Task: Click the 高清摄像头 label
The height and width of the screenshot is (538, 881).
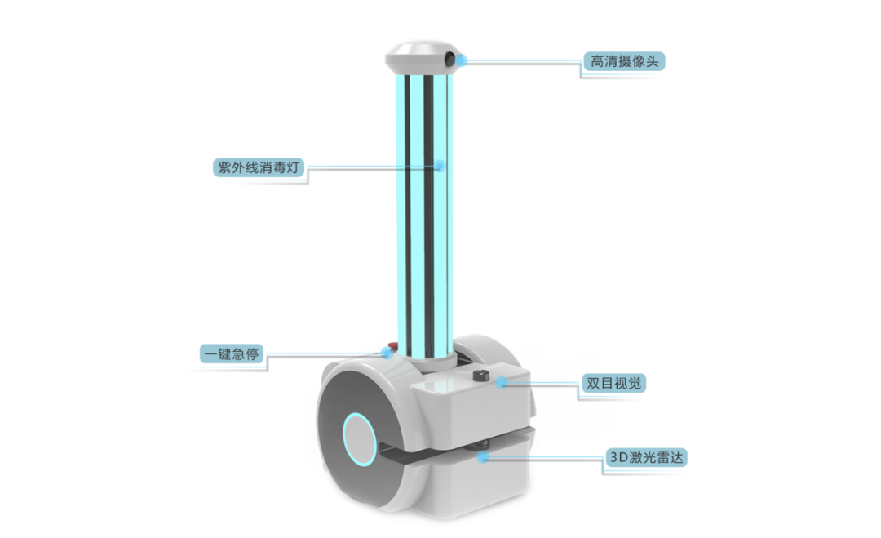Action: pos(624,61)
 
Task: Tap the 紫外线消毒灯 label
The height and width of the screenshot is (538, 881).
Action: pos(259,167)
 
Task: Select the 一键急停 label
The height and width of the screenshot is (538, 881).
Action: pos(232,353)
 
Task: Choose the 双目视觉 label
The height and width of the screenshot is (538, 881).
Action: pos(613,384)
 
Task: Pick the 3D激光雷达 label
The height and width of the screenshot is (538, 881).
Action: pos(646,458)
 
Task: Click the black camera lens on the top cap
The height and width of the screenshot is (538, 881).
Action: pos(449,59)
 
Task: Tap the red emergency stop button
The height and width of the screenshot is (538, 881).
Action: pos(392,345)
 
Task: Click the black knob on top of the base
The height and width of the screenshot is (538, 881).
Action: pos(480,376)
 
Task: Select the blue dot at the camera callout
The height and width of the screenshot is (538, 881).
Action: pos(462,60)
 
